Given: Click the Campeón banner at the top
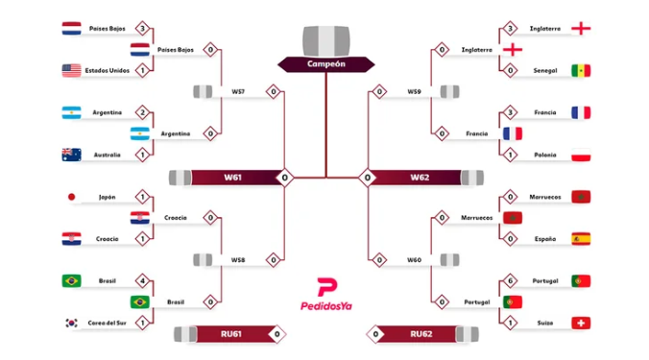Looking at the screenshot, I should [325, 64].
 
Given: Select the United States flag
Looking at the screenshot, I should [71, 70].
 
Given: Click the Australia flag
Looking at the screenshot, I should [71, 155].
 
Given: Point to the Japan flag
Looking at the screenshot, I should [71, 197].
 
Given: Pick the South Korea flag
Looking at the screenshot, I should [71, 324].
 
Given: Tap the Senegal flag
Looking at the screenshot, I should [580, 70].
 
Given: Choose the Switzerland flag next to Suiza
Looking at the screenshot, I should [580, 324].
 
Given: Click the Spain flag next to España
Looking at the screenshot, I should [580, 239].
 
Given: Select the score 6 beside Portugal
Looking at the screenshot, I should [509, 281].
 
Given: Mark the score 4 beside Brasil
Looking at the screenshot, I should [142, 281].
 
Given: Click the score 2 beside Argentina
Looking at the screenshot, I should [142, 112].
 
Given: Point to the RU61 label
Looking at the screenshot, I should [230, 334].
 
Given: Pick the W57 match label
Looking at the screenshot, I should [237, 92].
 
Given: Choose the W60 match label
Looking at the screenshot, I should [414, 260].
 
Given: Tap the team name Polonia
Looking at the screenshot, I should [544, 155].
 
